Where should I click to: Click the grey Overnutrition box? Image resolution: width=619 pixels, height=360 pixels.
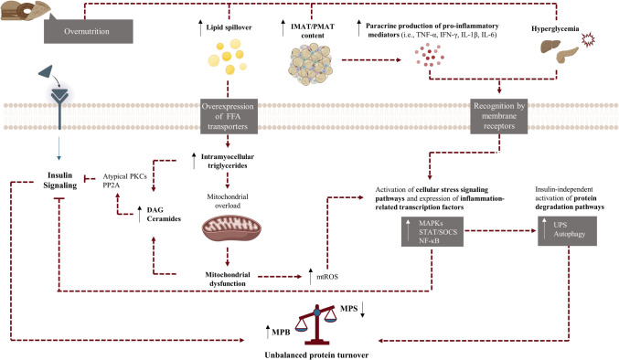tap(89, 31)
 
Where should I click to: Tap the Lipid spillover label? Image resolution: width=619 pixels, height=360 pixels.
tap(229, 27)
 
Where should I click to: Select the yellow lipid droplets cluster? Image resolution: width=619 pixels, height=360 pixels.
tap(228, 57)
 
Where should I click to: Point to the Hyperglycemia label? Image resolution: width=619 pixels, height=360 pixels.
tap(555, 28)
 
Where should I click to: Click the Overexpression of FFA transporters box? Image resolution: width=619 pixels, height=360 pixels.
tap(229, 116)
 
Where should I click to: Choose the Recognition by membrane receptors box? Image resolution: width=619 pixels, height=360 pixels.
tap(499, 116)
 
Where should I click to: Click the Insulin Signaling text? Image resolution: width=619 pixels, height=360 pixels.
tap(60, 180)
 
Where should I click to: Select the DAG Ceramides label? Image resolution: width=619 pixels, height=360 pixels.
tap(164, 214)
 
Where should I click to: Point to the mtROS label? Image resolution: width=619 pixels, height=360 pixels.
tap(327, 277)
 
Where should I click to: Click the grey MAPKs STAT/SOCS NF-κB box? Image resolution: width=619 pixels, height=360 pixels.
tap(432, 231)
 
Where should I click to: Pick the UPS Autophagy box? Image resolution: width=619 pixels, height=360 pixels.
tap(567, 231)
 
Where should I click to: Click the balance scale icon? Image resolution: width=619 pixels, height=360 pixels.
tap(316, 323)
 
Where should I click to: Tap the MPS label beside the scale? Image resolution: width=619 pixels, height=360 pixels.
tap(348, 308)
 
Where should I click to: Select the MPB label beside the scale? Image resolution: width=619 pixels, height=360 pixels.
tap(281, 333)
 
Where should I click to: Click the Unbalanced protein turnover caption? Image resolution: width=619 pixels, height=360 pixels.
tap(316, 355)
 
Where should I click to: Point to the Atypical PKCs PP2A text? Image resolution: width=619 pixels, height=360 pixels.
tap(124, 181)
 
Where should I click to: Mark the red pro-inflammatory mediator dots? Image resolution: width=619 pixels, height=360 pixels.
tap(430, 56)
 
